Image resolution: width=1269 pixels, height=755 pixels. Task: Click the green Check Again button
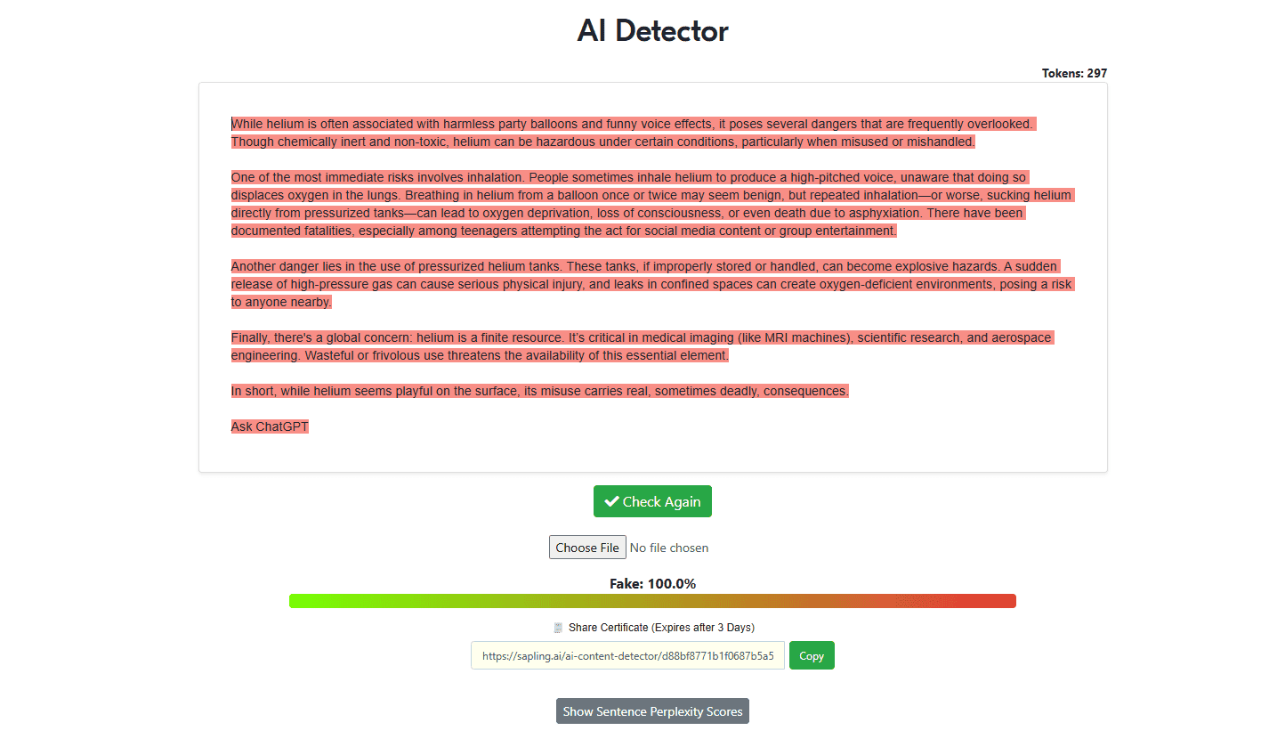652,501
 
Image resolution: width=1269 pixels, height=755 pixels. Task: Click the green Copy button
812,655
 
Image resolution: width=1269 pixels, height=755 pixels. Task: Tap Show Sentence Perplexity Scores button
652,710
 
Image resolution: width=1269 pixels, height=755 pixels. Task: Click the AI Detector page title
652,30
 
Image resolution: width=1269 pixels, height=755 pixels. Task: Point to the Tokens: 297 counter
1074,73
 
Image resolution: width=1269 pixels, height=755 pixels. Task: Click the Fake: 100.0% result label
652,583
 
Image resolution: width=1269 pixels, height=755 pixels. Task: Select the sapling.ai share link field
627,655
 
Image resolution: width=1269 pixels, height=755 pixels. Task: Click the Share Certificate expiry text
661,627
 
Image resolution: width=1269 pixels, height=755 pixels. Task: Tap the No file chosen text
668,548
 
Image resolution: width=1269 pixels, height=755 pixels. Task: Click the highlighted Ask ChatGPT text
270,426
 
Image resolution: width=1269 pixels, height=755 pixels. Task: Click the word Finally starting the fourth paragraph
250,337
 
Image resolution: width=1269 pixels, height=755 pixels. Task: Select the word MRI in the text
776,337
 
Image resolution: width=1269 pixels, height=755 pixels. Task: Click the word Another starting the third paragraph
254,266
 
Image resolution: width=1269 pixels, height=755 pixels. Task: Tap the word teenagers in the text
489,231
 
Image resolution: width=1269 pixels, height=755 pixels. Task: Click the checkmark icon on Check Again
611,501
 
